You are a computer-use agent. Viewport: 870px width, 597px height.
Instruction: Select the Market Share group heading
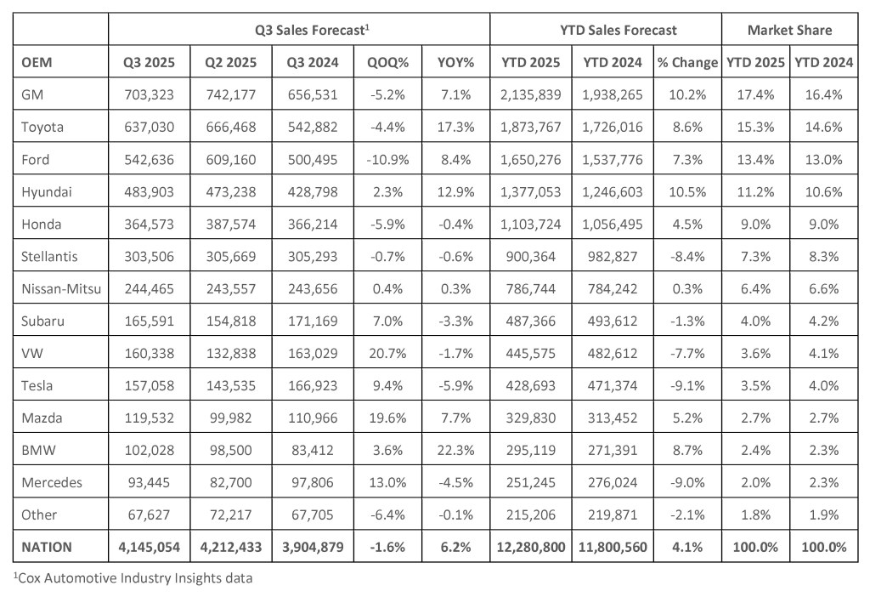pyautogui.click(x=789, y=30)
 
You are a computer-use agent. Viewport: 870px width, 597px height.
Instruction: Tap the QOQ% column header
pyautogui.click(x=387, y=62)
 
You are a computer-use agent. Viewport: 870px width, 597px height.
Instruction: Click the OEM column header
pyautogui.click(x=37, y=62)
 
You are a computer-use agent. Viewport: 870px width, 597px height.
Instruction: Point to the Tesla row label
pyautogui.click(x=37, y=385)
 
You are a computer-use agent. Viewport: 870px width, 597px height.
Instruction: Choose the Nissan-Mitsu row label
pyautogui.click(x=61, y=289)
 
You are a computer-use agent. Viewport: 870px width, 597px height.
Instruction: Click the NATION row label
pyautogui.click(x=47, y=547)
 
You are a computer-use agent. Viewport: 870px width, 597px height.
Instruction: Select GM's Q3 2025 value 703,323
pyautogui.click(x=149, y=94)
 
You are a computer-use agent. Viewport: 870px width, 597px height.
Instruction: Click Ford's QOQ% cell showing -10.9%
pyautogui.click(x=387, y=159)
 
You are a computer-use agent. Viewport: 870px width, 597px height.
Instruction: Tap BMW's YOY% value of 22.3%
pyautogui.click(x=455, y=450)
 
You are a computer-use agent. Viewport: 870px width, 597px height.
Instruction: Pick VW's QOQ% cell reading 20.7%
pyautogui.click(x=387, y=353)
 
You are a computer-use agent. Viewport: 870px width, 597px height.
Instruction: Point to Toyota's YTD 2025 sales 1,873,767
pyautogui.click(x=530, y=127)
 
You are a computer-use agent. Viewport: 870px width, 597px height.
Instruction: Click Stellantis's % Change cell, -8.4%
pyautogui.click(x=687, y=257)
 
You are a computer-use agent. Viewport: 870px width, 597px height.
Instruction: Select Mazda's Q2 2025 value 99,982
pyautogui.click(x=231, y=418)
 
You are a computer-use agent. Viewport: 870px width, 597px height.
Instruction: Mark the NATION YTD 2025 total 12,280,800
pyautogui.click(x=530, y=547)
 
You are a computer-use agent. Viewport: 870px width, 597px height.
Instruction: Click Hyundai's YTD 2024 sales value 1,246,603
pyautogui.click(x=613, y=191)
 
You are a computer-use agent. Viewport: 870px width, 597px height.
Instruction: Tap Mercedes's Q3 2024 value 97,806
pyautogui.click(x=313, y=482)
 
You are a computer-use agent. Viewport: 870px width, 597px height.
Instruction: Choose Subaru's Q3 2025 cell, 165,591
pyautogui.click(x=149, y=321)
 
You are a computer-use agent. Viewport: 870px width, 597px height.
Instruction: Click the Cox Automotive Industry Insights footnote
pyautogui.click(x=133, y=578)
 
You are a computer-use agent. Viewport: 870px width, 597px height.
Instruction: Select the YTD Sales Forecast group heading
pyautogui.click(x=619, y=30)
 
